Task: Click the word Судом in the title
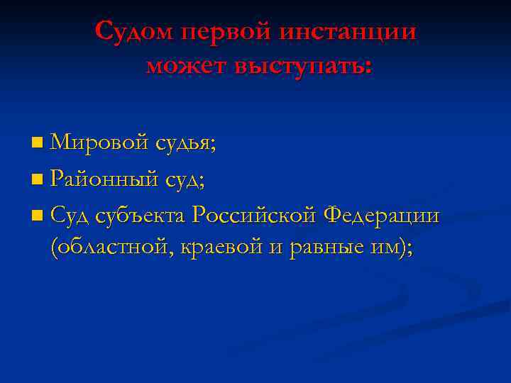pyautogui.click(x=133, y=31)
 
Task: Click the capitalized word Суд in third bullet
pyautogui.click(x=70, y=214)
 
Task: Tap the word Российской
pyautogui.click(x=254, y=214)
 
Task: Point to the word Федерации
pyautogui.click(x=381, y=215)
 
